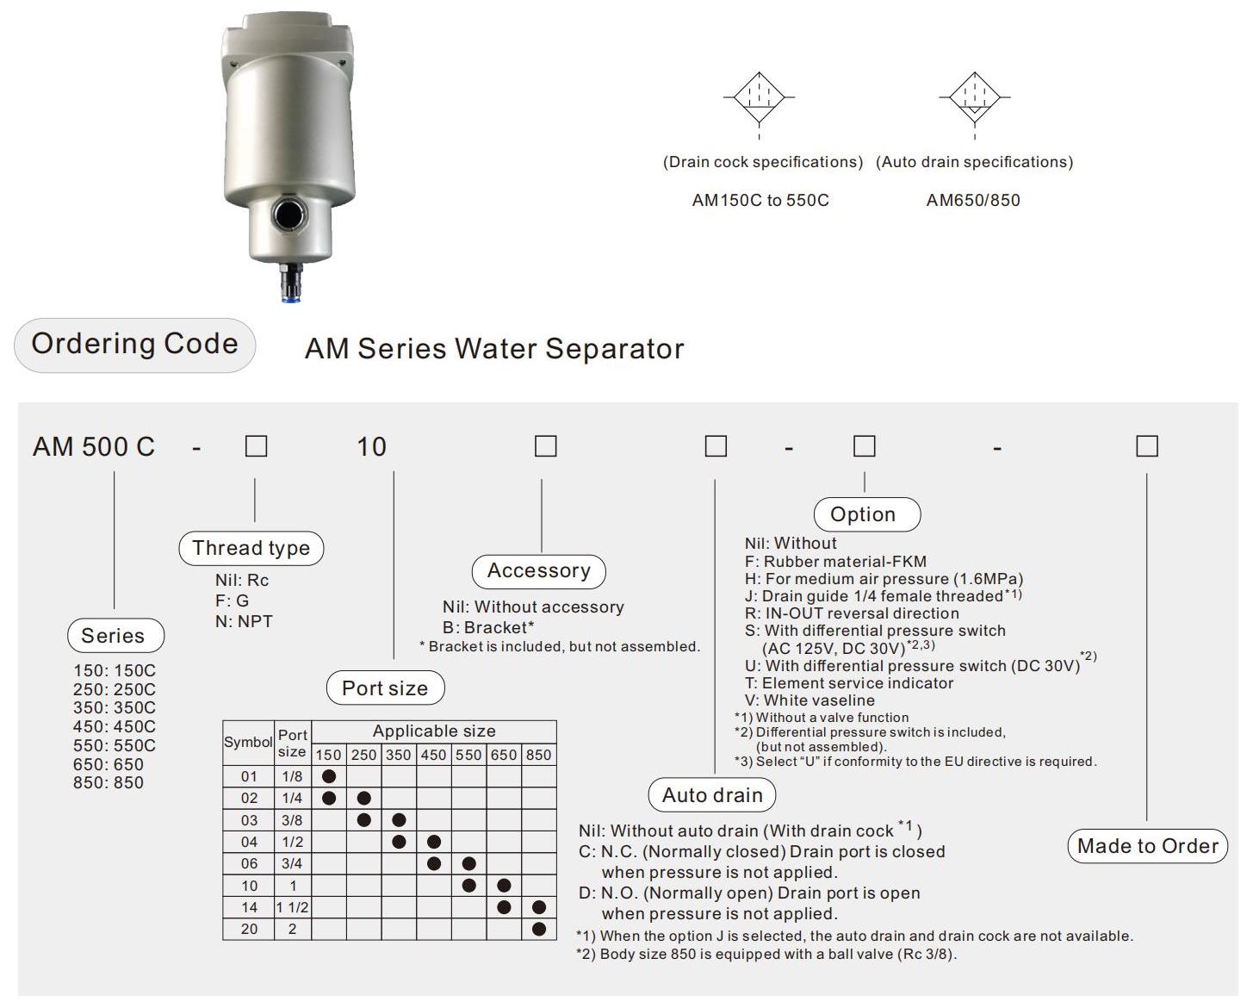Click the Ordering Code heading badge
134,345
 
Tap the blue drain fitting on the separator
290,283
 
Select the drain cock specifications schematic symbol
759,98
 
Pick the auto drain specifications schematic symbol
974,98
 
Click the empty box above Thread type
256,446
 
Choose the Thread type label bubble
251,549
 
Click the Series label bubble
115,636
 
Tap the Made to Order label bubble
1147,846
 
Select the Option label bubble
865,514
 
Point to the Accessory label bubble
539,571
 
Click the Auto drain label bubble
712,795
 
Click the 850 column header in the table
538,755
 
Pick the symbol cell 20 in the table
249,929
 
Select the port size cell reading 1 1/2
292,907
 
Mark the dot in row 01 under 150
328,776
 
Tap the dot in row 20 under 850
539,929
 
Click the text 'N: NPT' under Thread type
244,621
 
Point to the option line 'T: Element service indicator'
849,683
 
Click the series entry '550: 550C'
115,745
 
